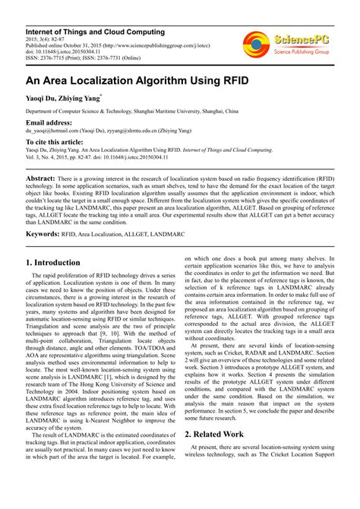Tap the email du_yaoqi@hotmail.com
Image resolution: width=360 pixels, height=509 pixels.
coord(47,130)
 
